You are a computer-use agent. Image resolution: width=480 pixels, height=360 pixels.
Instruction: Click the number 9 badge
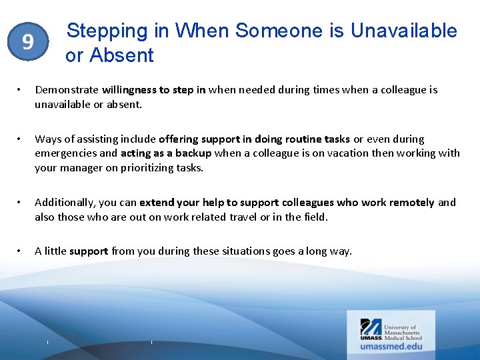point(27,43)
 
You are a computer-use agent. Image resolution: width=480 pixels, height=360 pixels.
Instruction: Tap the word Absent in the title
point(123,55)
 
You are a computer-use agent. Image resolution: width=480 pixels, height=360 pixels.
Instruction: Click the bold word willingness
point(129,90)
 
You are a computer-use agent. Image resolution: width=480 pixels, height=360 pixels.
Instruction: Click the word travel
point(212,217)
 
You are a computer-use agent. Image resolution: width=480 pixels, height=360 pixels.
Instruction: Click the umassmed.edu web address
point(391,346)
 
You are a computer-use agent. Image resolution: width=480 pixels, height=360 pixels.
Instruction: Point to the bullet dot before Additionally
point(21,203)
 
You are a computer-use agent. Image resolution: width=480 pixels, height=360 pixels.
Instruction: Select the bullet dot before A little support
point(21,251)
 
